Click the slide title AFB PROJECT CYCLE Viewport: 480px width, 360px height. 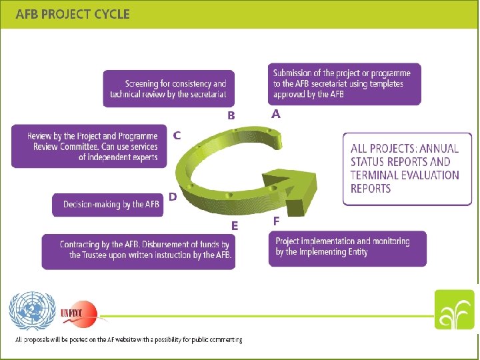point(73,13)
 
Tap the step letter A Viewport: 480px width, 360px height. point(276,115)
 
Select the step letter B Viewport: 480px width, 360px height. point(231,115)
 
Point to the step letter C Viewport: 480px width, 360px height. point(177,135)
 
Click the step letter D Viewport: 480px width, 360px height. point(173,197)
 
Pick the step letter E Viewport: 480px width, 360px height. point(234,226)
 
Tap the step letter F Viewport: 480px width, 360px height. point(276,220)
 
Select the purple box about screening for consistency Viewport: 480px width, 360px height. point(169,89)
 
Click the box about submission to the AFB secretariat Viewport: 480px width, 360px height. point(345,84)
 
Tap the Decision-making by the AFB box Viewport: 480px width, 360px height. point(107,205)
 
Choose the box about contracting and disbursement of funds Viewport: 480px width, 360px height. point(139,251)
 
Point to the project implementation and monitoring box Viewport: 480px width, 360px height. point(347,248)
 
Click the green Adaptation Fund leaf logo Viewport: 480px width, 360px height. point(455,310)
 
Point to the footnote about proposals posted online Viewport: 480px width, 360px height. point(129,339)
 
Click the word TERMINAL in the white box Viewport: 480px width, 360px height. point(377,175)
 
